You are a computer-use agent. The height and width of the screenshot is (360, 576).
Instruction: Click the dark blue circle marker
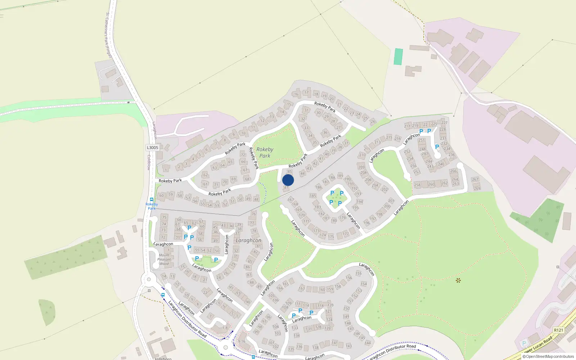point(288,180)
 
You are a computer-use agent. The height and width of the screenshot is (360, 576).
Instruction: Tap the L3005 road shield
point(152,148)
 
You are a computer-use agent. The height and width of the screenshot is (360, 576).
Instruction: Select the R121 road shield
point(558,330)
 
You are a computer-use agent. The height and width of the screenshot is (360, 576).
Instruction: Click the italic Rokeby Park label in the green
point(265,153)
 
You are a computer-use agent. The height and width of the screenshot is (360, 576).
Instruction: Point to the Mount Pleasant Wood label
point(164,259)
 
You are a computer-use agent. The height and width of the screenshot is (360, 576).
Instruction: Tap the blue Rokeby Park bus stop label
point(152,206)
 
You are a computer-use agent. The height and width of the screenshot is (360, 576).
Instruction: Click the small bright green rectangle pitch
point(398,57)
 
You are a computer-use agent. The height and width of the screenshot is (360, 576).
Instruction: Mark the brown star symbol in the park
point(458,280)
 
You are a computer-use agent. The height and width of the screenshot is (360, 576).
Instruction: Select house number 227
point(445,123)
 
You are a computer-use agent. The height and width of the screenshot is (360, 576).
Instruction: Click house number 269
point(477,188)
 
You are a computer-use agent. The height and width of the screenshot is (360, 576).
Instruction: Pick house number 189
point(340,176)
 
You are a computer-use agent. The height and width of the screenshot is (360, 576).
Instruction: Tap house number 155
point(359,274)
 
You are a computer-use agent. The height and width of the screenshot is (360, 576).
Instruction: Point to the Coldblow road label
point(149,162)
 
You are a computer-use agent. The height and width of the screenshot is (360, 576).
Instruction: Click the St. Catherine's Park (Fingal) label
point(108,35)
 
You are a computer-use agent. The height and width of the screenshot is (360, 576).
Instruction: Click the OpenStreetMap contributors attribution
point(548,357)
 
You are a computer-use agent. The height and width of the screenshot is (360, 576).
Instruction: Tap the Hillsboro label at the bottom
point(163,359)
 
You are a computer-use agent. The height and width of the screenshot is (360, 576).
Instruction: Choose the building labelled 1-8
point(225,328)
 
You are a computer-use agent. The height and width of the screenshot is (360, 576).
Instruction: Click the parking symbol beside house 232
point(437,147)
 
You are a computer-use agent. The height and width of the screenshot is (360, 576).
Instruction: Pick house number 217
point(407,126)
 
